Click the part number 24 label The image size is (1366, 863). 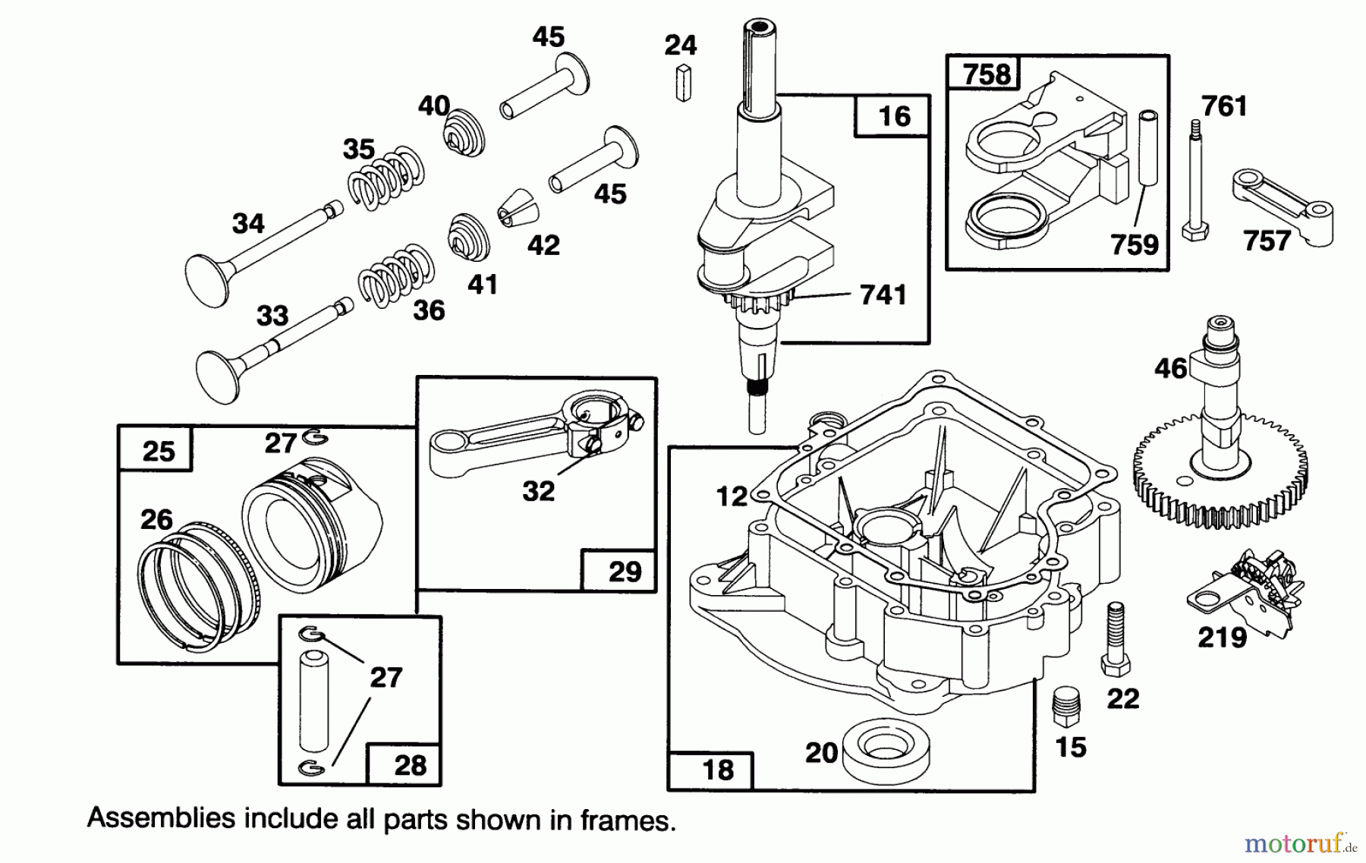tap(680, 46)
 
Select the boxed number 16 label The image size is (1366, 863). tap(893, 116)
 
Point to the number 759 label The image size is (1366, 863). tap(1134, 244)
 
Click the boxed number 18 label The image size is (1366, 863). tap(717, 770)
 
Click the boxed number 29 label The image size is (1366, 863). tap(624, 571)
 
